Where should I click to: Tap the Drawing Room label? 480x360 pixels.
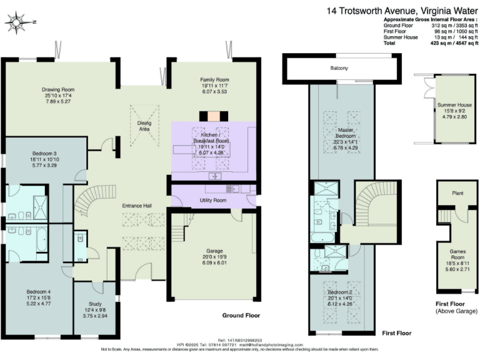[x=54, y=89]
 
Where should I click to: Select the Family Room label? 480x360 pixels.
[x=214, y=80]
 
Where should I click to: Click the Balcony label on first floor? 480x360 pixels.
[x=339, y=68]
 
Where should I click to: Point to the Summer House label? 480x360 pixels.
[x=454, y=104]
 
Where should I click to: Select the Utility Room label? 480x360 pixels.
[x=214, y=200]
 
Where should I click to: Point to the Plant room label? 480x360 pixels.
[x=457, y=193]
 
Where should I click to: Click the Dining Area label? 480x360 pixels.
[x=144, y=126]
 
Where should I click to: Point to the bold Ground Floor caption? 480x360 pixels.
[x=241, y=316]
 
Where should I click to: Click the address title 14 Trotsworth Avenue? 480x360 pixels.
[x=401, y=10]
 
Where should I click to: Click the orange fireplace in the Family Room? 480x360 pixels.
[x=214, y=116]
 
